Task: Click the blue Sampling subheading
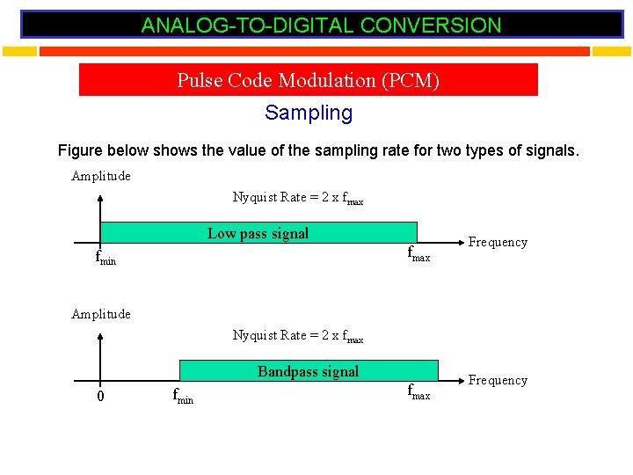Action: click(309, 113)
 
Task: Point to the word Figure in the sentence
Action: click(81, 150)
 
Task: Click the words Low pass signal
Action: click(258, 233)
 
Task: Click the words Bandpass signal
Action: click(308, 371)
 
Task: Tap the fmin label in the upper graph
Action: click(105, 258)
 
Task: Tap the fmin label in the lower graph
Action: click(182, 396)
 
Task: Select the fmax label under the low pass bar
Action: click(418, 255)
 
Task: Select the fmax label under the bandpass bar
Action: click(418, 393)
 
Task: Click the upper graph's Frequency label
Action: click(498, 242)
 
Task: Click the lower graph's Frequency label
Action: click(498, 380)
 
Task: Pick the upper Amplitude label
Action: click(101, 176)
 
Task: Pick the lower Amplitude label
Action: click(101, 314)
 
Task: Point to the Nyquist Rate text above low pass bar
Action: click(297, 197)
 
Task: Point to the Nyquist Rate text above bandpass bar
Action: click(297, 335)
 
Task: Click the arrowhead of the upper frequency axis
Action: click(456, 243)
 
